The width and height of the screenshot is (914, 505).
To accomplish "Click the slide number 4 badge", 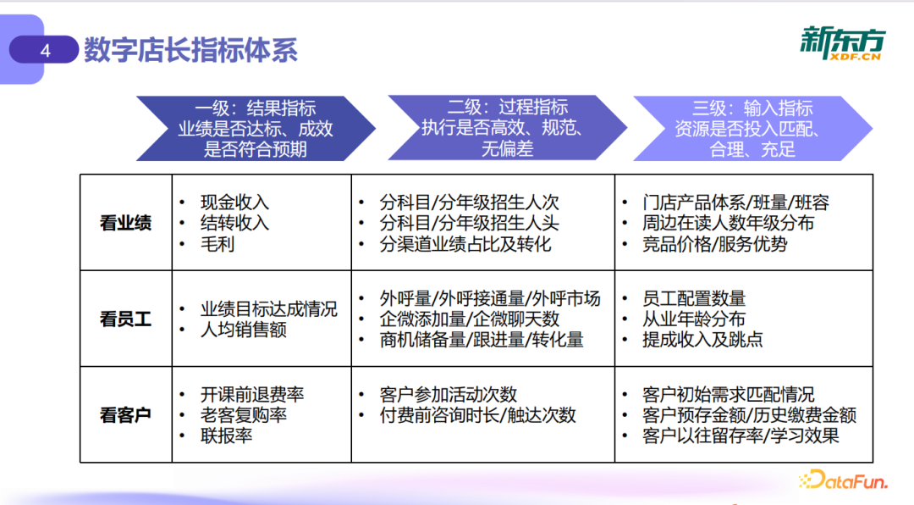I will coord(46,51).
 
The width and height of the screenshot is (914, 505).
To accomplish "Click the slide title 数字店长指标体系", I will coord(190,51).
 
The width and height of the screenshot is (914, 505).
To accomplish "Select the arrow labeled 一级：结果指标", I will coord(255,129).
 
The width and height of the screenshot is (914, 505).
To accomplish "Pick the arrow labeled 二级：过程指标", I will coord(507,128).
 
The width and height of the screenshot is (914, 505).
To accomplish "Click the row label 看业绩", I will coord(125,224).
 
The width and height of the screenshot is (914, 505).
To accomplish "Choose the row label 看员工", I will coord(125,319).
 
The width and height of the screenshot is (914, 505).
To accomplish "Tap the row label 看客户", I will coord(125,415).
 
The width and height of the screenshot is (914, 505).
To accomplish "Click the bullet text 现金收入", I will coord(234,203).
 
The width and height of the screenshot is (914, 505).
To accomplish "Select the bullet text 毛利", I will coord(217,244).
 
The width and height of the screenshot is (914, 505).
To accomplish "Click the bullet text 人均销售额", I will coord(243,330).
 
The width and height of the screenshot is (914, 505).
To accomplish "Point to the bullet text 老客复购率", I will coord(243,415).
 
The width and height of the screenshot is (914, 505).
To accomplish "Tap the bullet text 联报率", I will coord(226,436).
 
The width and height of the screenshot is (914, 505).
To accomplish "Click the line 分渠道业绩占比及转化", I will coord(465,244).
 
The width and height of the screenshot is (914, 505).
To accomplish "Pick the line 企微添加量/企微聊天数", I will coord(470,319).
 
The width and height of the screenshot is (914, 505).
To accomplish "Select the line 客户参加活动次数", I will coord(449,395).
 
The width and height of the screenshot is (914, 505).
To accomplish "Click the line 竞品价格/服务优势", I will coord(715,244).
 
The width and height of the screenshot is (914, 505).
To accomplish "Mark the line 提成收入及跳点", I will coord(702,340).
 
